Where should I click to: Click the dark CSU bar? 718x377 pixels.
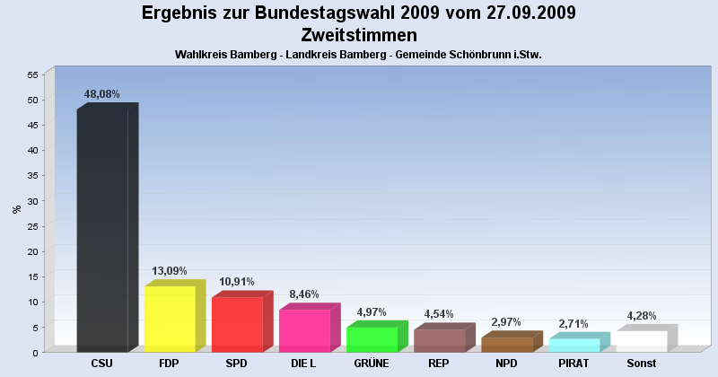point(102,231)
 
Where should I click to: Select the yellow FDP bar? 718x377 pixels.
point(170,320)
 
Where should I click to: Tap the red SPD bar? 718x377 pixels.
point(237,325)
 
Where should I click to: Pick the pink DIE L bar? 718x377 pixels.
point(304,331)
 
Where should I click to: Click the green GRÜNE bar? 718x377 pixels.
point(372,339)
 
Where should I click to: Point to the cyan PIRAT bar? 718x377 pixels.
point(574,346)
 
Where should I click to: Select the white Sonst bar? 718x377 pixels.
point(641,342)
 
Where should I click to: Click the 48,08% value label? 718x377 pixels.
point(101,94)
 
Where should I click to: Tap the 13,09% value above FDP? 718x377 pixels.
point(170,270)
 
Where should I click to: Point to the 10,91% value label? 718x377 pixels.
point(237,281)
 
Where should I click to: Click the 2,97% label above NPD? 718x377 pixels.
point(506,321)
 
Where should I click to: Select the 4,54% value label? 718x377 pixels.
point(439,313)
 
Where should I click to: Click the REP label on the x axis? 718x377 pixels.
point(439,364)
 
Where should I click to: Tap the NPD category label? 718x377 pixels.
point(506,364)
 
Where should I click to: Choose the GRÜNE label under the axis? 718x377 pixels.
point(372,364)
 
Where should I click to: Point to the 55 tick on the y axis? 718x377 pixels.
point(32,75)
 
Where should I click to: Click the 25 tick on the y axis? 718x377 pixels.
point(32,226)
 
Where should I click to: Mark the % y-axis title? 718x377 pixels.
point(16,209)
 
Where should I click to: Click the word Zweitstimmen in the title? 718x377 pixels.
point(359,35)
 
